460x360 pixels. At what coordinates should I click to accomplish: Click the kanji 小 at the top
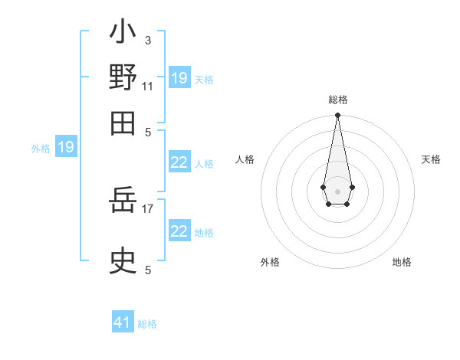[x=123, y=34]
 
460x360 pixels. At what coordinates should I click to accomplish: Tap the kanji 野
[x=123, y=77]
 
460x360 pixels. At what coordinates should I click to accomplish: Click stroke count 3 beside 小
[x=148, y=41]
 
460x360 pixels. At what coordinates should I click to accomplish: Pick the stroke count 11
[x=148, y=85]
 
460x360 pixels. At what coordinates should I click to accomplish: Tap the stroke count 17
[x=148, y=207]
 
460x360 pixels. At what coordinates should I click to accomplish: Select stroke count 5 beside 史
[x=148, y=270]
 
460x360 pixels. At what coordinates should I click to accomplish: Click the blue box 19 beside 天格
[x=179, y=78]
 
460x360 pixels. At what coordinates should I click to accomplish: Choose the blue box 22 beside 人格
[x=179, y=162]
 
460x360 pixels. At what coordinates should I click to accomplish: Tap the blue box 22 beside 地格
[x=179, y=231]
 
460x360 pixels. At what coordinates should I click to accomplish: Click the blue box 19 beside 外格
[x=66, y=147]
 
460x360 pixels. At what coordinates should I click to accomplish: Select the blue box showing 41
[x=123, y=322]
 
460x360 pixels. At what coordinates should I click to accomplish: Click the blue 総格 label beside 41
[x=147, y=324]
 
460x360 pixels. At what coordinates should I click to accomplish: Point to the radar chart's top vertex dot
[x=337, y=116]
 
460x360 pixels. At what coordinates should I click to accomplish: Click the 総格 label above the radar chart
[x=337, y=100]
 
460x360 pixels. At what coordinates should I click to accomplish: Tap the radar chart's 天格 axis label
[x=431, y=159]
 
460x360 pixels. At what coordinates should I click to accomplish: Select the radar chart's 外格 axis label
[x=270, y=262]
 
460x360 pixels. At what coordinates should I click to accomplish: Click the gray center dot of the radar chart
[x=337, y=191]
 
